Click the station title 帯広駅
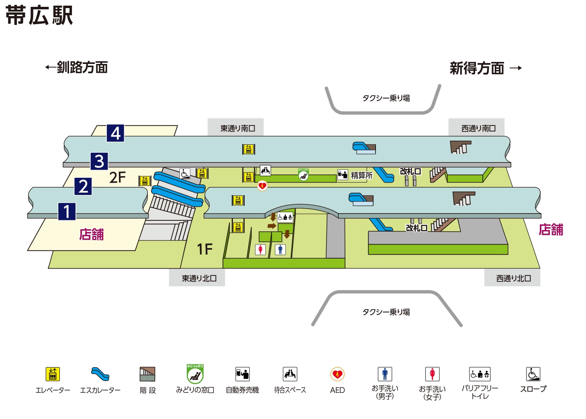39,15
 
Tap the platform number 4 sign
115,133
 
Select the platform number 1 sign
67,211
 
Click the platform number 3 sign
99,161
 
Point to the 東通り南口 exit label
237,128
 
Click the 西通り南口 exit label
478,128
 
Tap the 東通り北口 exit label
199,278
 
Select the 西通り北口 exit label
513,278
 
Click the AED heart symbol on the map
262,186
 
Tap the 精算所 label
361,175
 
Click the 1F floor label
204,249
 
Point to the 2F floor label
117,177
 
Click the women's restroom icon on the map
261,250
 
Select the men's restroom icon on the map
280,250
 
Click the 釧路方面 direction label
82,67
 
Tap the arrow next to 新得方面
516,68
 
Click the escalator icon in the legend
100,374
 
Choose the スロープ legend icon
533,374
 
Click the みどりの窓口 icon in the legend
195,374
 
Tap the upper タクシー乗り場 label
386,98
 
